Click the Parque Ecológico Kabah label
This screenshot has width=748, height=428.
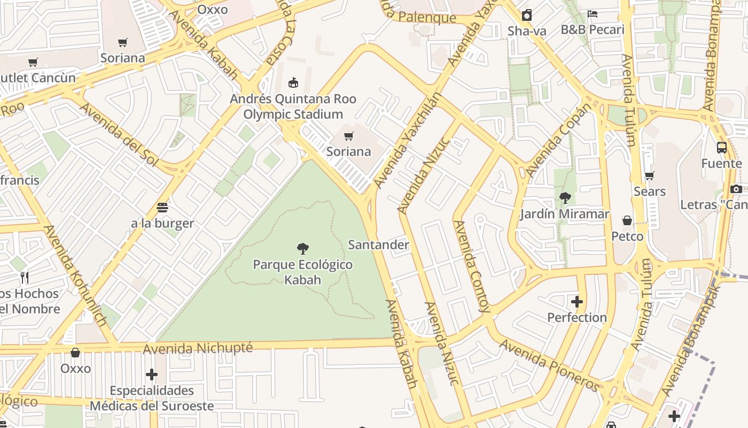tap(302, 272)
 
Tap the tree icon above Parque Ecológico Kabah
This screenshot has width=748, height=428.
tap(303, 249)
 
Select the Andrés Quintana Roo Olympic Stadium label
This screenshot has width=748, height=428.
tap(293, 106)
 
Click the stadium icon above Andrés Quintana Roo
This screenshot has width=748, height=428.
tap(293, 83)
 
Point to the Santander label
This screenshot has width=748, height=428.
tap(378, 245)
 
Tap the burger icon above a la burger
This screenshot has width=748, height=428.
tap(162, 208)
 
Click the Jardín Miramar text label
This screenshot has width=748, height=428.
tap(565, 214)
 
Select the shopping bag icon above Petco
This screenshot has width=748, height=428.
tap(627, 220)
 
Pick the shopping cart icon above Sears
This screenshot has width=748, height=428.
tap(650, 176)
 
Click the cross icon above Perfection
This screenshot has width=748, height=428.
tap(577, 302)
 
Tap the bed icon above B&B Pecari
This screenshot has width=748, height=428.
tap(593, 13)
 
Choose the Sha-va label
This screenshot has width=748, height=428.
tap(527, 31)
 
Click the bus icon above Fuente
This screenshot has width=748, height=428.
tap(722, 148)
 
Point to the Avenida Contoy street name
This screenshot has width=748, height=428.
tap(471, 266)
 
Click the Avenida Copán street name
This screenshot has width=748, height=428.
tap(559, 141)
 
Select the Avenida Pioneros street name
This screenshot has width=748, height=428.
tap(550, 365)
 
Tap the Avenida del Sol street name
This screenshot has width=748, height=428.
tap(119, 134)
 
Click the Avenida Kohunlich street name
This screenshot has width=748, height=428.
tap(74, 275)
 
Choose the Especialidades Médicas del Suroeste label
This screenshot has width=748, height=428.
tap(152, 398)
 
